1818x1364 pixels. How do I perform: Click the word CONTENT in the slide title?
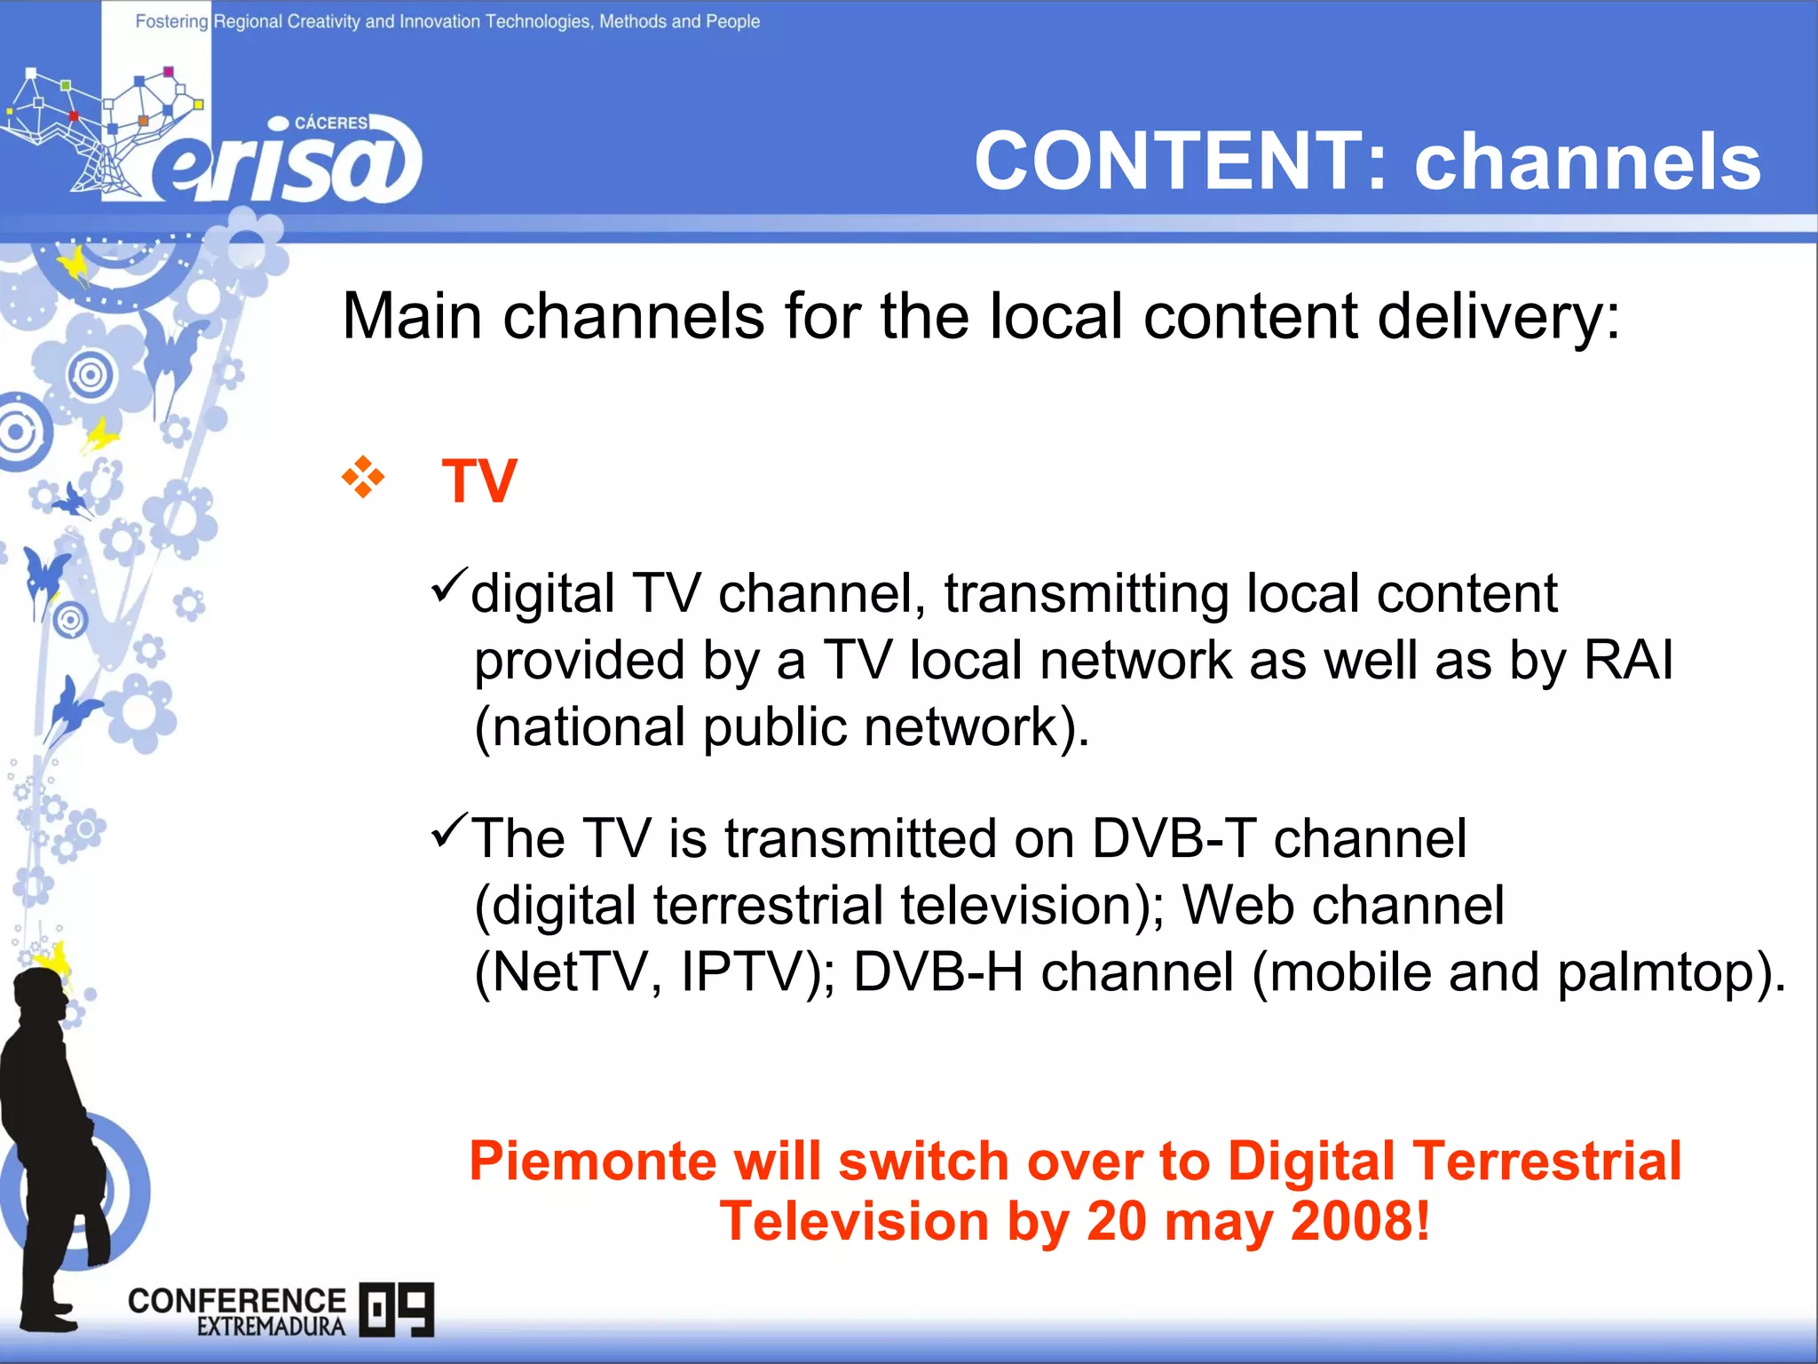1168,162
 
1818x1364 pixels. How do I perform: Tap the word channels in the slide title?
1587,162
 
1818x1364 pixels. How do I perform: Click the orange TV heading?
479,481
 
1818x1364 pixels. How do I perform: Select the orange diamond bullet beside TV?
363,477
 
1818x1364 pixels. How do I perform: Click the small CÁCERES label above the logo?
330,123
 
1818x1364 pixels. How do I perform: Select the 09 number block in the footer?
397,1309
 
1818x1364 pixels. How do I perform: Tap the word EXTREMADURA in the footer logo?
271,1327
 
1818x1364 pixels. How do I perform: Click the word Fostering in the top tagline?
171,21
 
